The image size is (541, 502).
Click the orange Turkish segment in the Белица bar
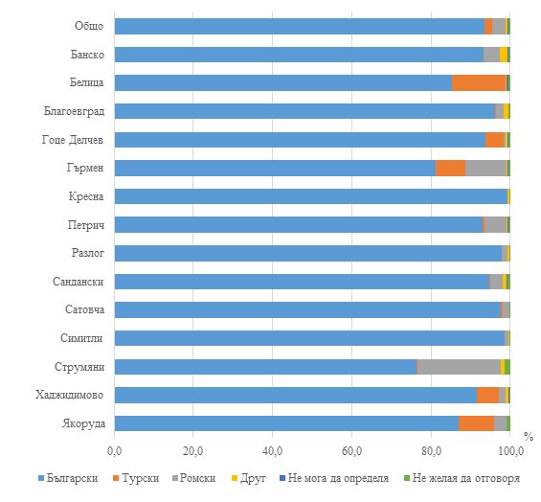click(479, 82)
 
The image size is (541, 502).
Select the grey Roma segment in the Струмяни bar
click(460, 367)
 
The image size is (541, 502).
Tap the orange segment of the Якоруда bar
click(477, 423)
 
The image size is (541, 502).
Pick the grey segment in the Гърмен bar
click(485, 169)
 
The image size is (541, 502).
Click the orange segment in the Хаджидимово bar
click(488, 395)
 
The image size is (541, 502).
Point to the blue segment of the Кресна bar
click(311, 196)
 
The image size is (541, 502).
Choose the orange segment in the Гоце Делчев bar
click(495, 140)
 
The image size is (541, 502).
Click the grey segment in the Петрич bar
click(495, 225)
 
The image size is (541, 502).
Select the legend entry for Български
click(68, 478)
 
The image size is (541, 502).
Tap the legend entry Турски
click(136, 478)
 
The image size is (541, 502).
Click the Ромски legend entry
click(194, 478)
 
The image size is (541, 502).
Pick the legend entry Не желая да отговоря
click(462, 478)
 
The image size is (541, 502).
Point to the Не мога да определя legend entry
click(334, 478)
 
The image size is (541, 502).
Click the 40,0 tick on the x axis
click(272, 451)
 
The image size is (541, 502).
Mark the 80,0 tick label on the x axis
click(431, 451)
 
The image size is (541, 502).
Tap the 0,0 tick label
click(115, 451)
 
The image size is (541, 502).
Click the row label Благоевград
click(74, 111)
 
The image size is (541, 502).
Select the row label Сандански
click(79, 282)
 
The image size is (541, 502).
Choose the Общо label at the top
click(89, 26)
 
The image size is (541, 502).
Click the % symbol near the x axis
click(529, 437)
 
